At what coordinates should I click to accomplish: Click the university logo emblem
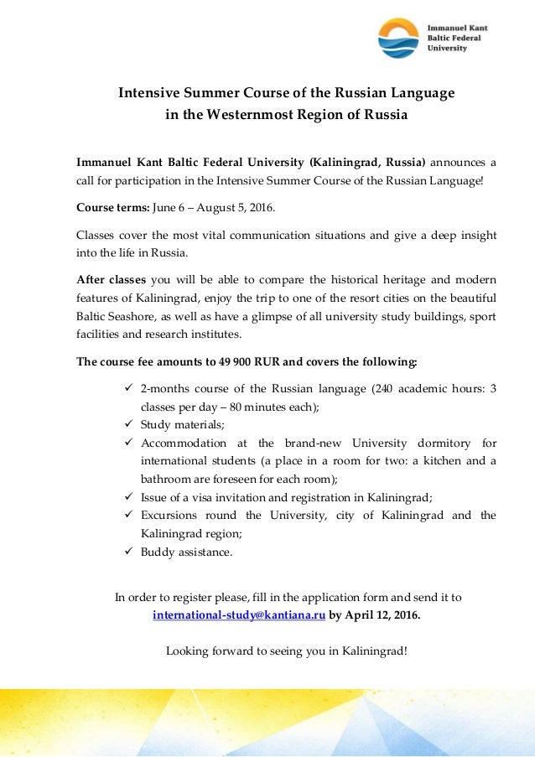click(397, 38)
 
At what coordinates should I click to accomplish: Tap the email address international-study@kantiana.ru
click(239, 614)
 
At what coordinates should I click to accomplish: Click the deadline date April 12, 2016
click(382, 614)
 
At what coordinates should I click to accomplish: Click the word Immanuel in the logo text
click(449, 27)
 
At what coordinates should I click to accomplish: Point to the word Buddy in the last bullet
click(157, 552)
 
